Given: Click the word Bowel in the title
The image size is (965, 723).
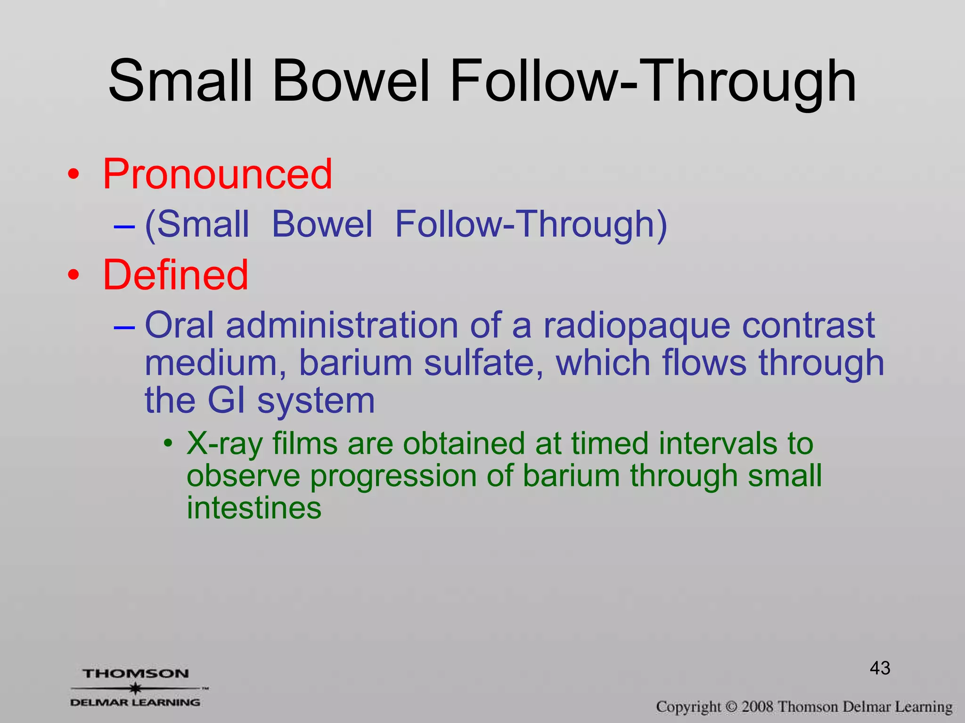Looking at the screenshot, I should [x=351, y=81].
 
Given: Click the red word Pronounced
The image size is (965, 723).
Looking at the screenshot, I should [x=217, y=174].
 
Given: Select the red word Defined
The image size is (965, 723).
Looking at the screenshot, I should [x=175, y=275].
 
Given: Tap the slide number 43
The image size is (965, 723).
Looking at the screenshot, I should [x=880, y=668].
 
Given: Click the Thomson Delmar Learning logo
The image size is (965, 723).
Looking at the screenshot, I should [x=137, y=688].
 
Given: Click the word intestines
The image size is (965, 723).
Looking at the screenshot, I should [x=254, y=508].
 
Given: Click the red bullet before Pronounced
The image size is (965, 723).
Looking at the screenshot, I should [x=74, y=175].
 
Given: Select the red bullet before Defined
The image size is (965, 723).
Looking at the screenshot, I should [x=74, y=276].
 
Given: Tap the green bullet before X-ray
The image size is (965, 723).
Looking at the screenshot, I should [x=168, y=444].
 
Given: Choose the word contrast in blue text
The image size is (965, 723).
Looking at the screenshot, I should [x=808, y=326].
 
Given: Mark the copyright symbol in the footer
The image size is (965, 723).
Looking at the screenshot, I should [x=731, y=707].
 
